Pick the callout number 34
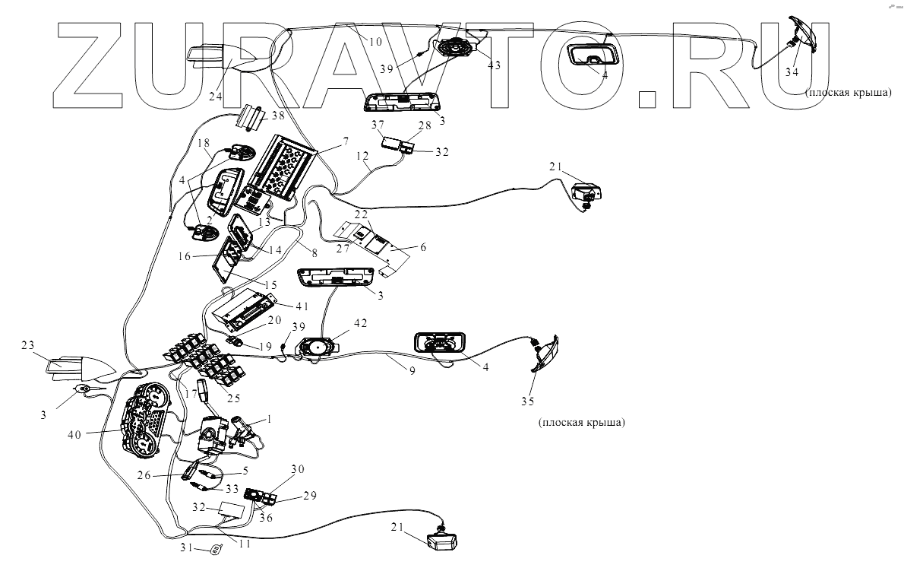point(792,73)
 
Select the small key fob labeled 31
point(217,548)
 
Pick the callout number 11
point(243,544)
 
